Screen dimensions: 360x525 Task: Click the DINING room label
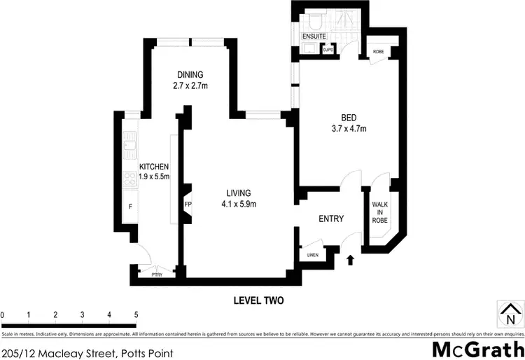coord(190,75)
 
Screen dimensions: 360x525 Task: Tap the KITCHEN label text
coord(154,166)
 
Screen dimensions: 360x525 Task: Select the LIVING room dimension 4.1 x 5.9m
coord(239,205)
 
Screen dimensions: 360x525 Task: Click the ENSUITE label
coord(314,35)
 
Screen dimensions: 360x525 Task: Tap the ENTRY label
coord(330,219)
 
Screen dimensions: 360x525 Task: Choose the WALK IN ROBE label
coord(380,212)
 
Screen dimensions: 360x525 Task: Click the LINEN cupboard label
coord(312,255)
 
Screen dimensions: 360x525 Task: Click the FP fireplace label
coord(188,205)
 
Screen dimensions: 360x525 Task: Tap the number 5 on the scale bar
coord(136,315)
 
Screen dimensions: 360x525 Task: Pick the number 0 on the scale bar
coord(3,315)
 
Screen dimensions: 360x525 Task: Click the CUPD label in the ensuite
coord(327,50)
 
